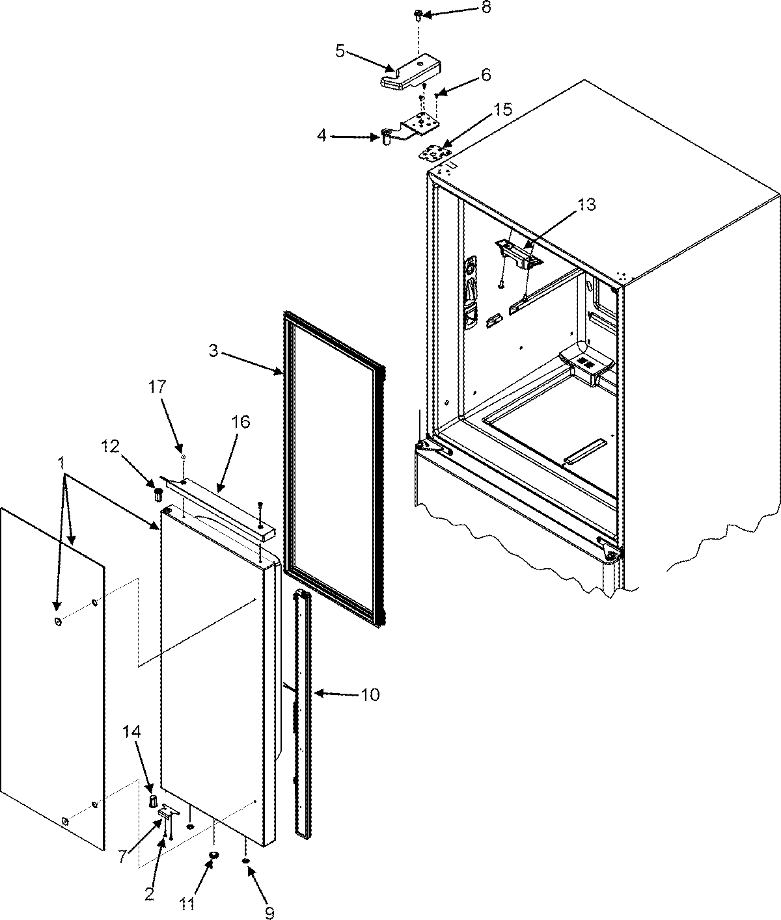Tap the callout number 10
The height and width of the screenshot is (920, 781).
(369, 695)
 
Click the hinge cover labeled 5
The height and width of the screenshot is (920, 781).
(410, 72)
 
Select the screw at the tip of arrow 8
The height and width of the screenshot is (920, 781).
(417, 14)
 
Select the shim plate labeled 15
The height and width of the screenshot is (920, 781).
(434, 153)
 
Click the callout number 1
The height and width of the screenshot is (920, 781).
(61, 464)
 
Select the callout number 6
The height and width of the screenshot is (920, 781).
(486, 75)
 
